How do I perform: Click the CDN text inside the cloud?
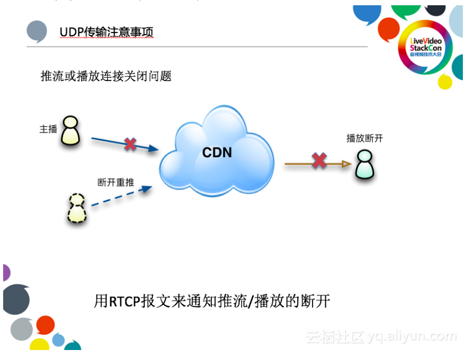pyautogui.click(x=217, y=153)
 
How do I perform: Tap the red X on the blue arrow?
pyautogui.click(x=130, y=144)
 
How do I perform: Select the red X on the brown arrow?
pyautogui.click(x=319, y=161)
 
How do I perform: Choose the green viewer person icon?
pyautogui.click(x=365, y=164)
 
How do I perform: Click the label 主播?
pyautogui.click(x=48, y=129)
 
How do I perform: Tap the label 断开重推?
pyautogui.click(x=116, y=182)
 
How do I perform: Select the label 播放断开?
pyautogui.click(x=365, y=138)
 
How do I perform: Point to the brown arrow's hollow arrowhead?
pyautogui.click(x=346, y=164)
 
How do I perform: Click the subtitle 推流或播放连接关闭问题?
pyautogui.click(x=106, y=76)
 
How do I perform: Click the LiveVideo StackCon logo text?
pyautogui.click(x=426, y=46)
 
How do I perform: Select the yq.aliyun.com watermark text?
pyautogui.click(x=412, y=336)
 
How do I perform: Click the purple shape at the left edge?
pyautogui.click(x=6, y=273)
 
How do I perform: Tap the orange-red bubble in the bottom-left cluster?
pyautogui.click(x=45, y=324)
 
